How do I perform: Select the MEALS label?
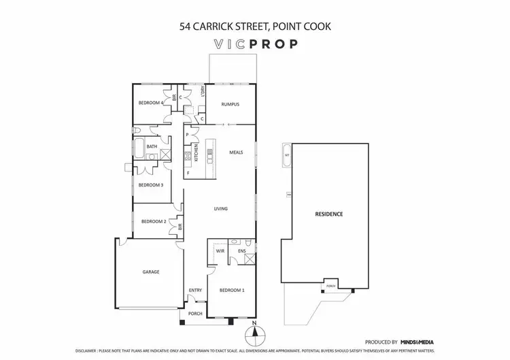(236, 152)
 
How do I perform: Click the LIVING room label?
(220, 209)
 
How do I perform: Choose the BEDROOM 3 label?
(151, 184)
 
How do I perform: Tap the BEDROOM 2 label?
(153, 221)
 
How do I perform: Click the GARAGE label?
(151, 272)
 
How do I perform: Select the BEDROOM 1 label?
(231, 291)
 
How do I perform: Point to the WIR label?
(220, 251)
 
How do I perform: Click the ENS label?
(241, 251)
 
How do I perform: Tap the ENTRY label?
(195, 291)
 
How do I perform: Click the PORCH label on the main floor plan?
(195, 314)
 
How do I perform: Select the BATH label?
(151, 146)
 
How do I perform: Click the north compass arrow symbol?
(254, 333)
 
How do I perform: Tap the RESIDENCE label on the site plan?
(328, 214)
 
